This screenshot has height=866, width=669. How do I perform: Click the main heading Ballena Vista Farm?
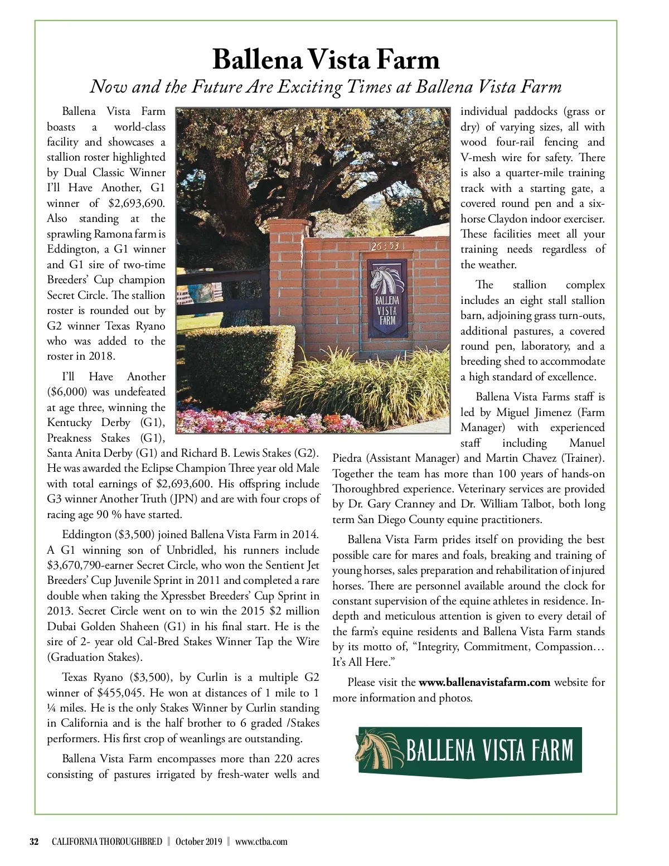326,60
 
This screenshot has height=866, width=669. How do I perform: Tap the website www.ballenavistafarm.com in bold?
484,682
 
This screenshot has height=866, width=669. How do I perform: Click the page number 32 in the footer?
34,841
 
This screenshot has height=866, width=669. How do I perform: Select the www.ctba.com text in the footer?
261,841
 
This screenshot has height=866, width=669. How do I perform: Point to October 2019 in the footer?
198,841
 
